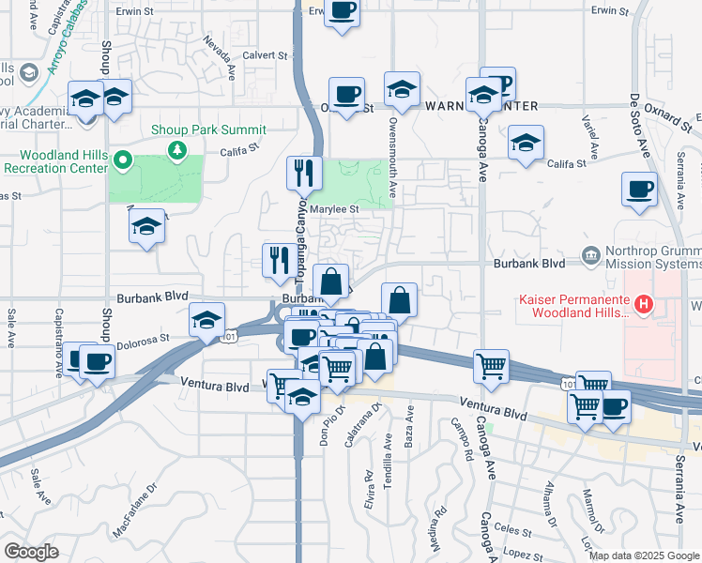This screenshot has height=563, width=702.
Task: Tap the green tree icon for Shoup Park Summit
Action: (175, 150)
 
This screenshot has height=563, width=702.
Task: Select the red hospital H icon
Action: (644, 304)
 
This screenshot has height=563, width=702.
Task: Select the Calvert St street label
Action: (266, 55)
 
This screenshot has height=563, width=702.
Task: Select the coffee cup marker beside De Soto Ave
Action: (639, 189)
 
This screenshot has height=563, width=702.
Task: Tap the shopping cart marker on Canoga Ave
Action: (491, 366)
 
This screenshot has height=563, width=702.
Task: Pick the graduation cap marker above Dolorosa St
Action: (206, 320)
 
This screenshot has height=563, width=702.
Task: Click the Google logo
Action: (31, 551)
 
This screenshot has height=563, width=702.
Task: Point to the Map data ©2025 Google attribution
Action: (644, 555)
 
